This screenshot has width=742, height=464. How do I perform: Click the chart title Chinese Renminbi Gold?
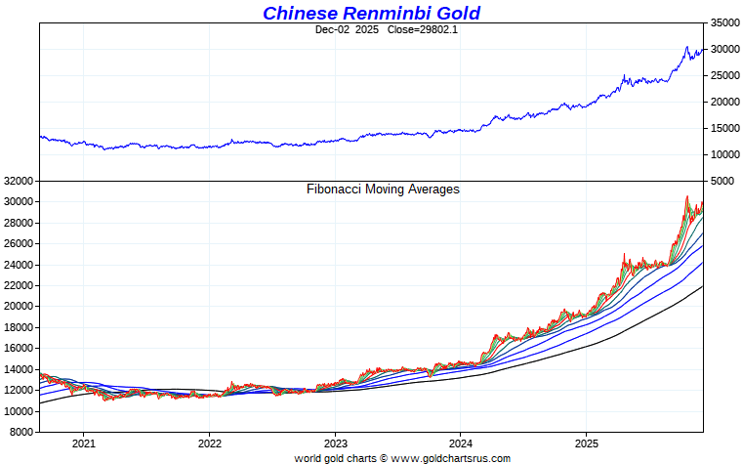[x=371, y=13]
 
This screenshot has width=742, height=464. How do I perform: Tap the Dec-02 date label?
[x=334, y=30]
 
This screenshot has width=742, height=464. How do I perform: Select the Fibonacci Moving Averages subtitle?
[x=383, y=190]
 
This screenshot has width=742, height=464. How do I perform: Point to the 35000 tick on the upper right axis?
[x=723, y=22]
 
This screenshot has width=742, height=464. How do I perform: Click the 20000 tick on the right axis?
[x=723, y=102]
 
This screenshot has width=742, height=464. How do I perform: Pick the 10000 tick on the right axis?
[x=723, y=154]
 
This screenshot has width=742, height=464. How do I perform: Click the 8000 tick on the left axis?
[x=22, y=432]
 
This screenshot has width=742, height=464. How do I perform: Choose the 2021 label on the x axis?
[x=84, y=443]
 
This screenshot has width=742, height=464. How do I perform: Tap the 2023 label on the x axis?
[x=335, y=443]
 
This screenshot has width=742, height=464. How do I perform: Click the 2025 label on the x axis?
[x=586, y=443]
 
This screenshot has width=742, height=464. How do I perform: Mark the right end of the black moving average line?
[x=702, y=287]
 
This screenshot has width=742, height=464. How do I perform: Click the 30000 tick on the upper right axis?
[x=723, y=49]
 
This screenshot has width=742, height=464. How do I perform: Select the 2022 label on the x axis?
[x=209, y=443]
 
